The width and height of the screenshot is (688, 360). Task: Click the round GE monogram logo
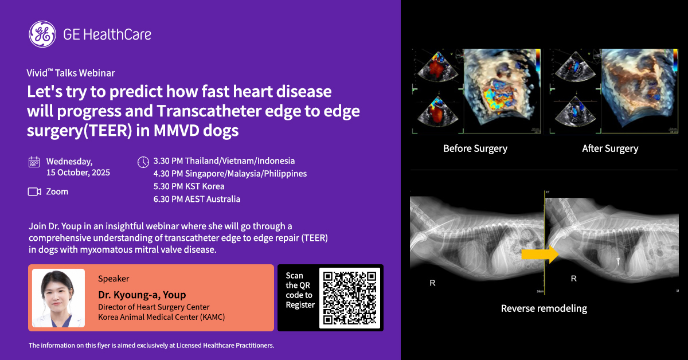[x=42, y=34]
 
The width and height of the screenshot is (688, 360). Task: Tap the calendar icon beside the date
[x=34, y=162]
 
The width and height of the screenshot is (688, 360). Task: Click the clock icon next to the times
[x=143, y=162]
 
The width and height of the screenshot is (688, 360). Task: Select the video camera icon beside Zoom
[x=34, y=191]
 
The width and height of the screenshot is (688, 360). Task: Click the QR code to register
[x=350, y=298]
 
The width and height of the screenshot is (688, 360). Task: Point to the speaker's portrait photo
[x=58, y=298]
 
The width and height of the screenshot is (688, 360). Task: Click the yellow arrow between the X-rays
[x=540, y=255]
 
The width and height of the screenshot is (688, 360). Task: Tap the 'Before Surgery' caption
[x=475, y=148]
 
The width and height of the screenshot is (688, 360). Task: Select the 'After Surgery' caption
[x=610, y=148]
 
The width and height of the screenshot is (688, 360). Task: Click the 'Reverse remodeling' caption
[x=544, y=308]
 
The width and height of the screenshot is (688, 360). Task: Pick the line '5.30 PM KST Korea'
[x=189, y=186]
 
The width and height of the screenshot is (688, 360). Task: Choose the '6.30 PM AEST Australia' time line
[x=197, y=199]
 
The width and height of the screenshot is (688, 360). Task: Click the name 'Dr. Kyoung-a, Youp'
[x=142, y=295]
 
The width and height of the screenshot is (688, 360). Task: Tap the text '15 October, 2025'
[x=78, y=173]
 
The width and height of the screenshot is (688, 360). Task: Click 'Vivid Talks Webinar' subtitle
[x=71, y=73]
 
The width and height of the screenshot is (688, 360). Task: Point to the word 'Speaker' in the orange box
[x=114, y=279]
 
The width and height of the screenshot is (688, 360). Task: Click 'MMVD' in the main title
[x=177, y=130]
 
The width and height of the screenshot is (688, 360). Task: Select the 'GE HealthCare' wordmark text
[x=107, y=34]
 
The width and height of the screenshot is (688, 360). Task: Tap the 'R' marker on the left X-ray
[x=432, y=283]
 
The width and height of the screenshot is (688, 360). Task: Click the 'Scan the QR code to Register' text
[x=300, y=290]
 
